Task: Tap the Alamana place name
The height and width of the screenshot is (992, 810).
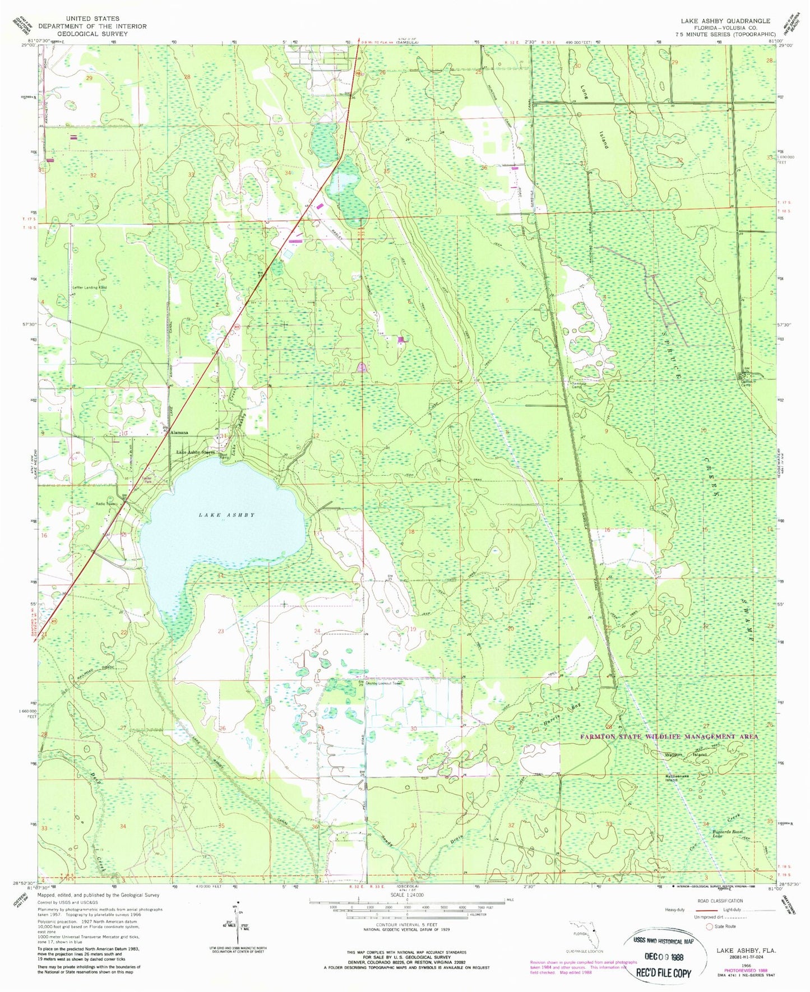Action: point(179,433)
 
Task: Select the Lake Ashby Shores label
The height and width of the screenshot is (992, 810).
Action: point(195,452)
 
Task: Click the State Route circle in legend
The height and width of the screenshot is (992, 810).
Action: point(711,926)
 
